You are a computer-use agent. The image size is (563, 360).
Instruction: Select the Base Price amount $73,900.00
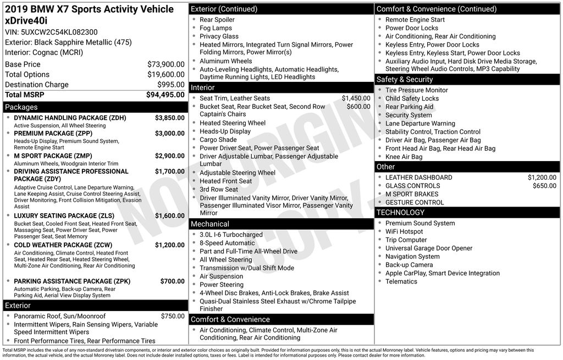[x=165, y=64]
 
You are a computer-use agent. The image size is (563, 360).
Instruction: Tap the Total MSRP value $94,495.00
[x=165, y=95]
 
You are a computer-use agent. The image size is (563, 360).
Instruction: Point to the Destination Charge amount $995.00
[x=171, y=85]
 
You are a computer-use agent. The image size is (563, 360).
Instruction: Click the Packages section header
[x=21, y=107]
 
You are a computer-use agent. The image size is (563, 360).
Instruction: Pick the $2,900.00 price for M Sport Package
[x=169, y=156]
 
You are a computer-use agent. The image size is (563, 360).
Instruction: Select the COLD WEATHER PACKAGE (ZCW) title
[x=63, y=245]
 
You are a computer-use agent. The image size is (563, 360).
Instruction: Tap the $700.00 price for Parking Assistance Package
[x=172, y=281]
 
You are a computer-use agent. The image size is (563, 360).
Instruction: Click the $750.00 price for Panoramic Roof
[x=173, y=316]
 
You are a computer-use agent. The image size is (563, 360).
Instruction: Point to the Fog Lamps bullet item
[x=216, y=28]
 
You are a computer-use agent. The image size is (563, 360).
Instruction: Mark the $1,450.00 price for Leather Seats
[x=356, y=98]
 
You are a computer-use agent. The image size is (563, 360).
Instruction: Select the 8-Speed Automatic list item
[x=227, y=243]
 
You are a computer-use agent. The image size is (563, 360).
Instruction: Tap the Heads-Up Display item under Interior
[x=225, y=131]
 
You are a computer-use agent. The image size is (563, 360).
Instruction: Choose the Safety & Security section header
[x=405, y=80]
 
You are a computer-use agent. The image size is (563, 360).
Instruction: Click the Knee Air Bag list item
[x=404, y=157]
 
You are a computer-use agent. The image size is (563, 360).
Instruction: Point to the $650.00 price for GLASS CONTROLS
[x=544, y=186]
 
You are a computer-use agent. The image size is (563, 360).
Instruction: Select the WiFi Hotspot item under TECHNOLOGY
[x=404, y=231]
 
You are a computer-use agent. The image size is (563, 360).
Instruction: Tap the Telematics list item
[x=401, y=281]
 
